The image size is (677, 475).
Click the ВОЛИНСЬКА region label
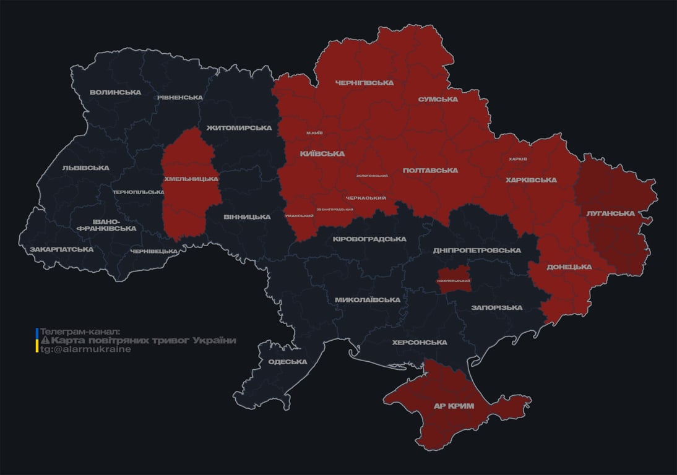tap(115, 92)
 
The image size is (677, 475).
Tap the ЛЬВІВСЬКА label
tap(85, 168)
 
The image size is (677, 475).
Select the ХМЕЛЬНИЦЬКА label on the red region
tap(191, 179)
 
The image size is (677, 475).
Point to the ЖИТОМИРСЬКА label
tap(239, 128)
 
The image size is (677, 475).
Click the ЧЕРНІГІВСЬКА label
tap(364, 83)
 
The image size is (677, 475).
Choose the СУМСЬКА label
tap(438, 99)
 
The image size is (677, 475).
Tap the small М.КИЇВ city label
tap(314, 133)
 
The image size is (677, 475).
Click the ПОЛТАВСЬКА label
tap(430, 170)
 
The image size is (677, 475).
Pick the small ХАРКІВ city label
tap(517, 159)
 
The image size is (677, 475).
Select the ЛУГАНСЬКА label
tap(610, 213)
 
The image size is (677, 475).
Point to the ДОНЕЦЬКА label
tap(569, 267)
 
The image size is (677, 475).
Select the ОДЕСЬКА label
tap(288, 362)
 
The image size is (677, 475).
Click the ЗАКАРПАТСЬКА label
tap(62, 249)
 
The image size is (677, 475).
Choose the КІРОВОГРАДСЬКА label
tap(369, 239)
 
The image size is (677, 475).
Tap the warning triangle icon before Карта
tap(45, 341)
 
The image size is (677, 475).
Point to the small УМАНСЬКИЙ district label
tap(299, 216)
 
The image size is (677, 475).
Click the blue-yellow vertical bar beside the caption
tap(37, 340)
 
